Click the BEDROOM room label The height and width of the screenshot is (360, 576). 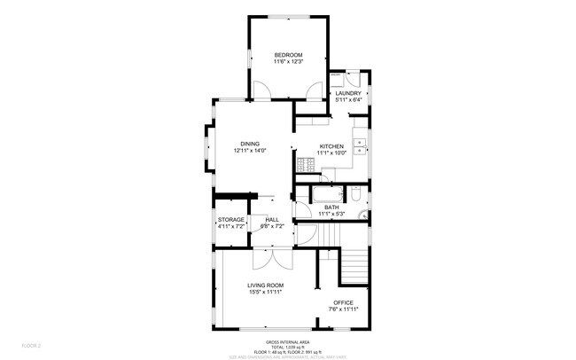(288, 55)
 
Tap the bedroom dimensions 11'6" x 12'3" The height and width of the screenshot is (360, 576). (288, 62)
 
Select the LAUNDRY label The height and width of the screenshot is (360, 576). (347, 92)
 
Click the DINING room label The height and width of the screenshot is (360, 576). (250, 144)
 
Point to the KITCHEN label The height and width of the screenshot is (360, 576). (331, 146)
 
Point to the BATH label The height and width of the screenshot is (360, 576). (331, 207)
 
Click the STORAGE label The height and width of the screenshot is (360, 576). (230, 220)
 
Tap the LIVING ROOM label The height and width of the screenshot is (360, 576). (264, 285)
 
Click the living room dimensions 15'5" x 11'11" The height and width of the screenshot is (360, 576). (264, 292)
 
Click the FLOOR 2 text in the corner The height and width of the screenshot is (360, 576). (32, 344)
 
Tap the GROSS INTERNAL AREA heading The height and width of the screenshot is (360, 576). (287, 341)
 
